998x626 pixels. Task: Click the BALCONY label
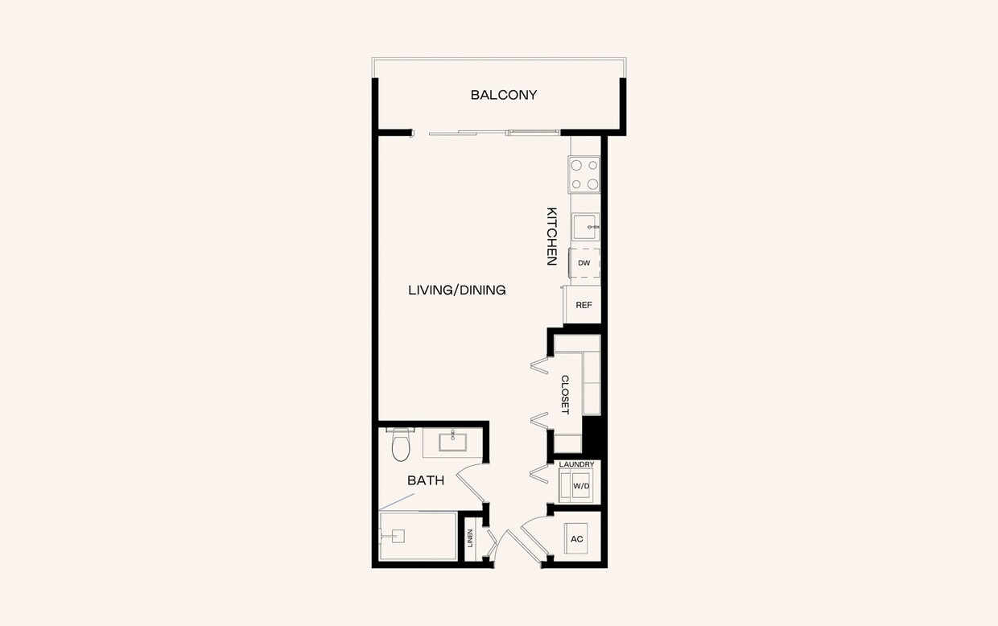504,95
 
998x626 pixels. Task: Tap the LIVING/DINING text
456,290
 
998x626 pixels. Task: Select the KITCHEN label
552,237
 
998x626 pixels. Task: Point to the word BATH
425,480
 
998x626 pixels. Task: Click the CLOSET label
565,394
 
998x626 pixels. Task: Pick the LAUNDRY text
576,464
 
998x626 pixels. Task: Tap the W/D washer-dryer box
580,486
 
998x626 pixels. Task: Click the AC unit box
577,538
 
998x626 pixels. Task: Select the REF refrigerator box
584,305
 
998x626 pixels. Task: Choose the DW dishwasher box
584,263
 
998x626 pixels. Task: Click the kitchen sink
585,227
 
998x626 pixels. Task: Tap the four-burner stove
585,175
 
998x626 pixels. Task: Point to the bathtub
418,536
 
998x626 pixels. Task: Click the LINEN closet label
470,538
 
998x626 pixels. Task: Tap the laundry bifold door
538,473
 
